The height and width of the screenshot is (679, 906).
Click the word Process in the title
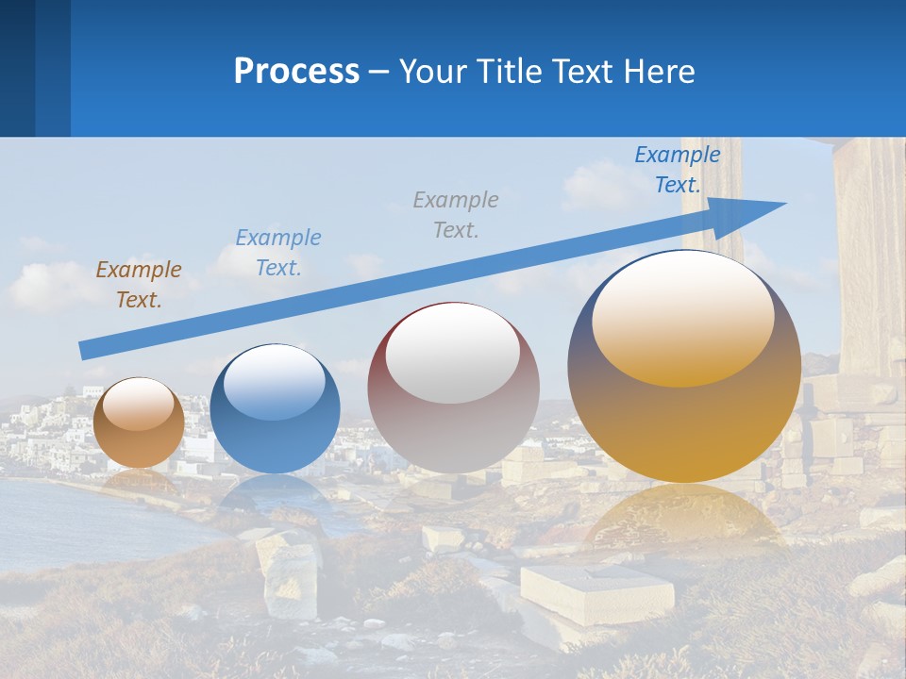[296, 72]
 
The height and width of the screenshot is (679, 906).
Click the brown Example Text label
[139, 285]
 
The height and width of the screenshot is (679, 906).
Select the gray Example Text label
[456, 214]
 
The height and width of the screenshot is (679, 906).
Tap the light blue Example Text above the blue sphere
[278, 253]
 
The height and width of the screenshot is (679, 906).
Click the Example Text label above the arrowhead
[678, 169]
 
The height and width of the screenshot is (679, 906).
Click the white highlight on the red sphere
[452, 352]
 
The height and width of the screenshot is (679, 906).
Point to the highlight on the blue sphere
[275, 382]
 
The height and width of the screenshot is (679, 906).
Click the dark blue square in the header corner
[17, 68]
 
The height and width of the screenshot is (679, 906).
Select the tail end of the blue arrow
[87, 349]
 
